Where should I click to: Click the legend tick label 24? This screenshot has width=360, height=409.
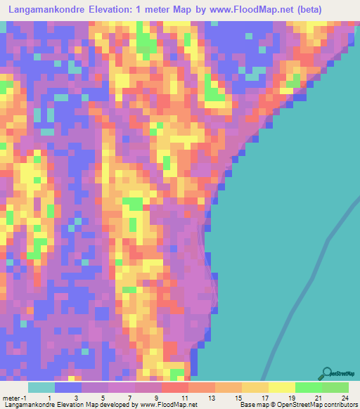(345, 398)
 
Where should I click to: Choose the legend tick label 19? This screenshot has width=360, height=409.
(290, 398)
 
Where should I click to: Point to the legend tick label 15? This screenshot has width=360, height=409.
(236, 398)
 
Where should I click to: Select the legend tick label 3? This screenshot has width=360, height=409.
(75, 398)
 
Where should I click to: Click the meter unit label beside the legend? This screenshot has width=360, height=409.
(13, 398)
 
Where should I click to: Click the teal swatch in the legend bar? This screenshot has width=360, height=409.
(41, 387)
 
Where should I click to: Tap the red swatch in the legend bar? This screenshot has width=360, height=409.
(174, 387)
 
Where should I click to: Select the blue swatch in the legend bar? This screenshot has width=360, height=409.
(68, 387)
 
